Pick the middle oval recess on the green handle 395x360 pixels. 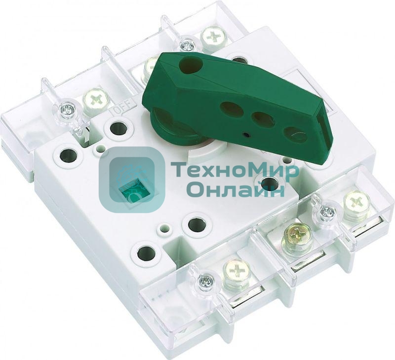[x=263, y=118]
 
